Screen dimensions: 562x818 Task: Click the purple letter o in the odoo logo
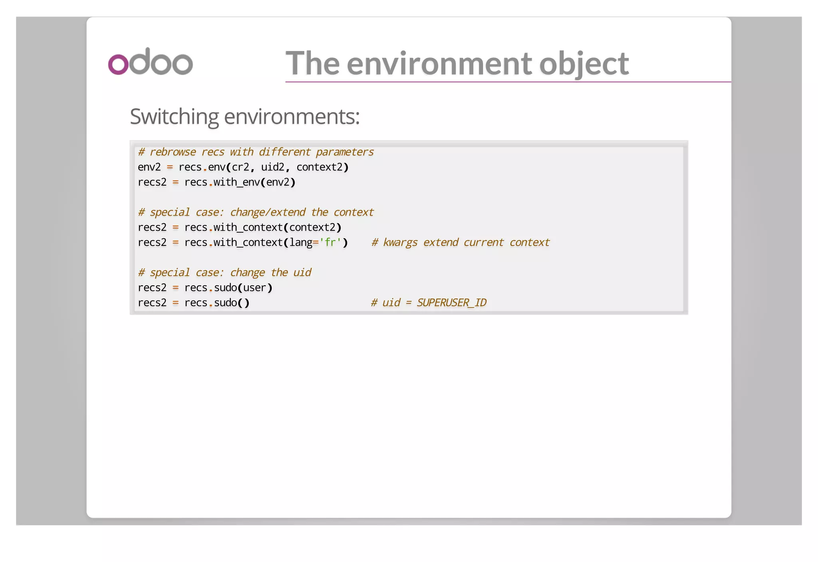click(118, 64)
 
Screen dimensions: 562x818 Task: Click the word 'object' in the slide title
click(584, 63)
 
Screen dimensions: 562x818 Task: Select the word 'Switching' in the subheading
click(174, 117)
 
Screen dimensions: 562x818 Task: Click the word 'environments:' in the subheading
click(292, 117)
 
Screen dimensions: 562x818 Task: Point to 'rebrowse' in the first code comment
click(173, 152)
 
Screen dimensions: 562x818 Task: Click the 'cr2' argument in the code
click(240, 167)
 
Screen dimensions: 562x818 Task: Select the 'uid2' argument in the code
click(273, 167)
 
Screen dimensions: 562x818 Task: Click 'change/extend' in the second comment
click(268, 212)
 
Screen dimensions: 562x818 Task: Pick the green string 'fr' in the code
click(330, 243)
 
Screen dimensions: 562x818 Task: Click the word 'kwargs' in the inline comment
click(400, 243)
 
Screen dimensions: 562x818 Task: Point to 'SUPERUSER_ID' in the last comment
click(451, 303)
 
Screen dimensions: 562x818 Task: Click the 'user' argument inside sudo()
click(254, 288)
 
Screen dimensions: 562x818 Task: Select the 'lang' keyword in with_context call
click(301, 243)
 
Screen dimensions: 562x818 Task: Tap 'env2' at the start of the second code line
click(149, 167)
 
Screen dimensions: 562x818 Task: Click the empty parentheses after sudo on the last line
click(243, 303)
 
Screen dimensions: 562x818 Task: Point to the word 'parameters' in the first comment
click(345, 152)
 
